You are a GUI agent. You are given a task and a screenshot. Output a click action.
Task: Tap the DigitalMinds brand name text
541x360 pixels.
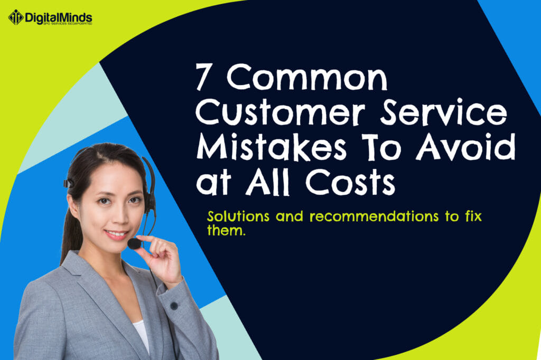[x=59, y=17]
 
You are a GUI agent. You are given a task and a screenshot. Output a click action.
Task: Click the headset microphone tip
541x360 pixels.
[x=134, y=244]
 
